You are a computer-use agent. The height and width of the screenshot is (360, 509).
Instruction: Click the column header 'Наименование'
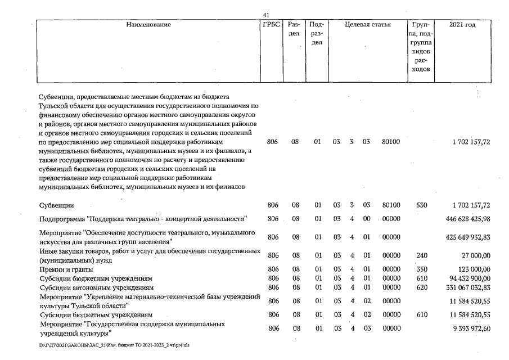pos(148,25)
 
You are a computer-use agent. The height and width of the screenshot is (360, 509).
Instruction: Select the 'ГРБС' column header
pos(271,25)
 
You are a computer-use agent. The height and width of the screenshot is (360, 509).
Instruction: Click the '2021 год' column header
pos(463,25)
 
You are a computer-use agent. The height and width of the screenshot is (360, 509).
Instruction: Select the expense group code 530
pos(422,205)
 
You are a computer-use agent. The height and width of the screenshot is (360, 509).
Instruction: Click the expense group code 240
pos(422,255)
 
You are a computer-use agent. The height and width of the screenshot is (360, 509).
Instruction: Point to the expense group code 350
pos(422,269)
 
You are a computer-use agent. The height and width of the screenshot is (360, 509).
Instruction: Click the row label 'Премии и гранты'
pos(66,269)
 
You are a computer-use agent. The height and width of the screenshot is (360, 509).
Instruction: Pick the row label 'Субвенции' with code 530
pos(57,205)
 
